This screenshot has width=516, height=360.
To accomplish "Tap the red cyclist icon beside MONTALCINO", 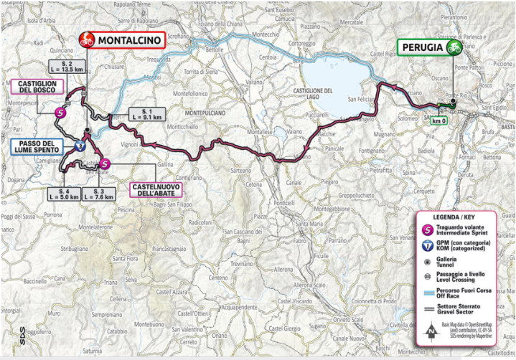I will (x=87, y=40).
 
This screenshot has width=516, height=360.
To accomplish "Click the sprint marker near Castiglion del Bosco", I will (x=62, y=113).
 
